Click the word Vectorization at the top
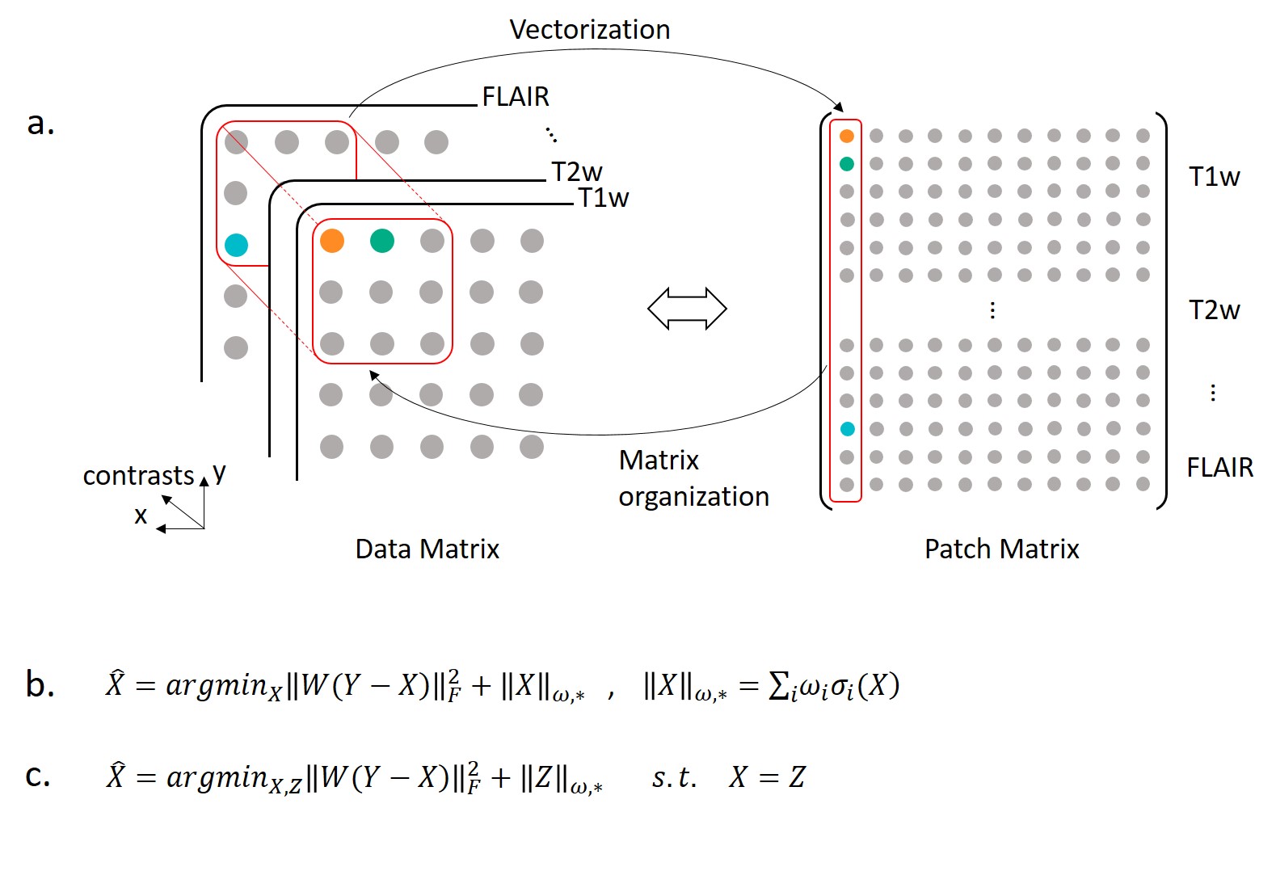click(x=589, y=30)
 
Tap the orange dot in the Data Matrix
click(x=332, y=240)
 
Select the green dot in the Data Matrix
click(x=381, y=240)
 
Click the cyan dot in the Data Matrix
click(x=236, y=244)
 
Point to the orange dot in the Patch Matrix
click(x=847, y=136)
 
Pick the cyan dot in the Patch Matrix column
click(x=847, y=429)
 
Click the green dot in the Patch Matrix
click(x=847, y=164)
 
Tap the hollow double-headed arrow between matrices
click(x=687, y=309)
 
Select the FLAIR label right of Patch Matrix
click(x=1219, y=467)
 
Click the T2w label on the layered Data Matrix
click(x=576, y=172)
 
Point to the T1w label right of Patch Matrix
click(x=1214, y=177)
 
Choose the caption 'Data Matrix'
click(x=427, y=549)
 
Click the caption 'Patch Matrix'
click(x=1001, y=549)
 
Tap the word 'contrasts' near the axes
click(x=138, y=476)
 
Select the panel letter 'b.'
click(x=40, y=684)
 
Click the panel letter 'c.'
click(x=38, y=775)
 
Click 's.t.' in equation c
click(x=674, y=777)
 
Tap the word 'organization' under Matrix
click(x=693, y=497)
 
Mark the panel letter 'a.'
click(x=40, y=123)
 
